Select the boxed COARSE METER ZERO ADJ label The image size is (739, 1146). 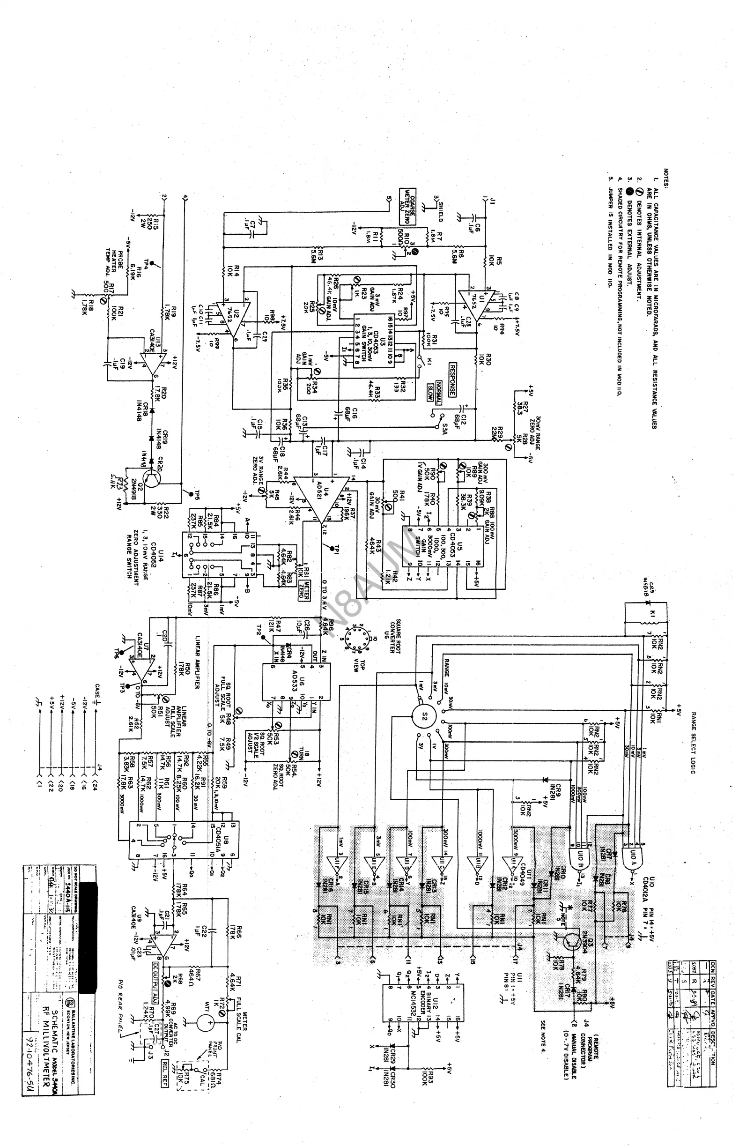pos(408,206)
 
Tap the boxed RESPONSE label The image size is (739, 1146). pos(452,380)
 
